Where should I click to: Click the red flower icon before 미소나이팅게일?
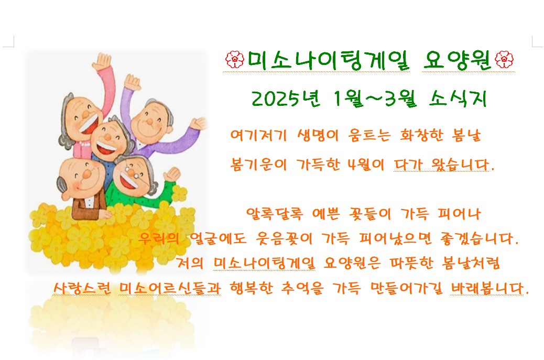[235, 59]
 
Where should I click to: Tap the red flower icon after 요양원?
[504, 59]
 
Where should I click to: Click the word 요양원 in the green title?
[458, 60]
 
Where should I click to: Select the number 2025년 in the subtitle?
[286, 99]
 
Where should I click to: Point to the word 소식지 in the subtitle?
[458, 99]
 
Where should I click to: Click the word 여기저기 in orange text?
[259, 135]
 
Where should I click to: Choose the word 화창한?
[421, 135]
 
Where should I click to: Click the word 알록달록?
[275, 214]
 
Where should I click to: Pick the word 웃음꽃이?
[284, 238]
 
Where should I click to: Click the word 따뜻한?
[411, 263]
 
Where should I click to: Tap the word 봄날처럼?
[471, 263]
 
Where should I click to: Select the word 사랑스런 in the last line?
[82, 288]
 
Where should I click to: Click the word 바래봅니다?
[489, 288]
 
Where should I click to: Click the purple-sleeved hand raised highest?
[132, 83]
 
